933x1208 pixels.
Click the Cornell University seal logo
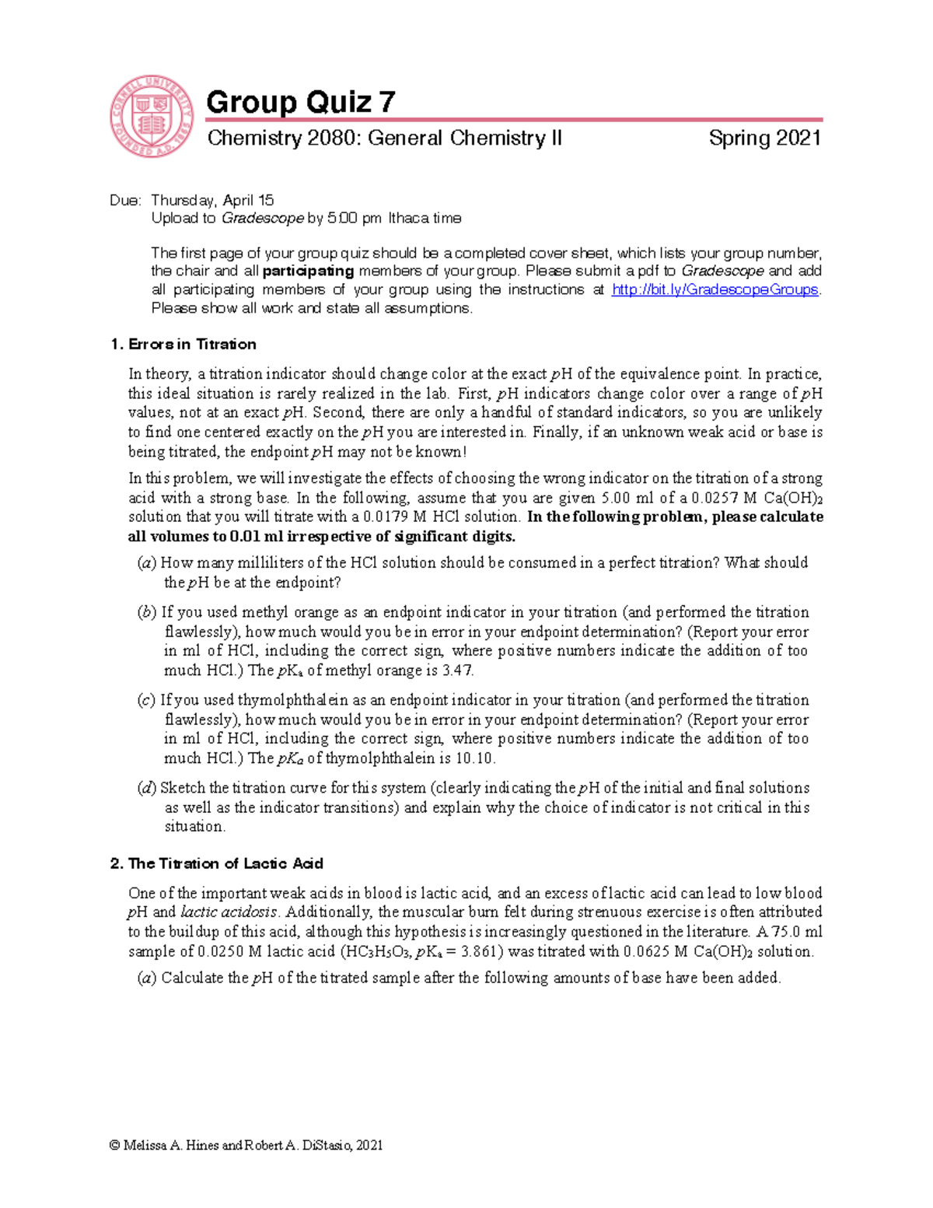click(x=151, y=117)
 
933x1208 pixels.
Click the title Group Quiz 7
click(x=300, y=102)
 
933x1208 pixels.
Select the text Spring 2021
click(x=764, y=138)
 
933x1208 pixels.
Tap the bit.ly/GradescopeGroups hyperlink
click(x=715, y=289)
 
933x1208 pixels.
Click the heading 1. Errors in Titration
click(x=183, y=345)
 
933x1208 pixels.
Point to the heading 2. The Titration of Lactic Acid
click(x=216, y=863)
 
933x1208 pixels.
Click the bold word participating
click(x=308, y=271)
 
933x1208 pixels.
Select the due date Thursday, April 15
click(x=212, y=200)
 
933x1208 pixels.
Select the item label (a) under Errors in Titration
click(x=147, y=563)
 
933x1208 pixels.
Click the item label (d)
click(x=147, y=788)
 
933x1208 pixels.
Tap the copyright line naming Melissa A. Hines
click(x=246, y=1145)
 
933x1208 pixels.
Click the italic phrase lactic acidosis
click(x=229, y=912)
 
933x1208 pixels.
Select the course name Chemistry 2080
click(x=283, y=138)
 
